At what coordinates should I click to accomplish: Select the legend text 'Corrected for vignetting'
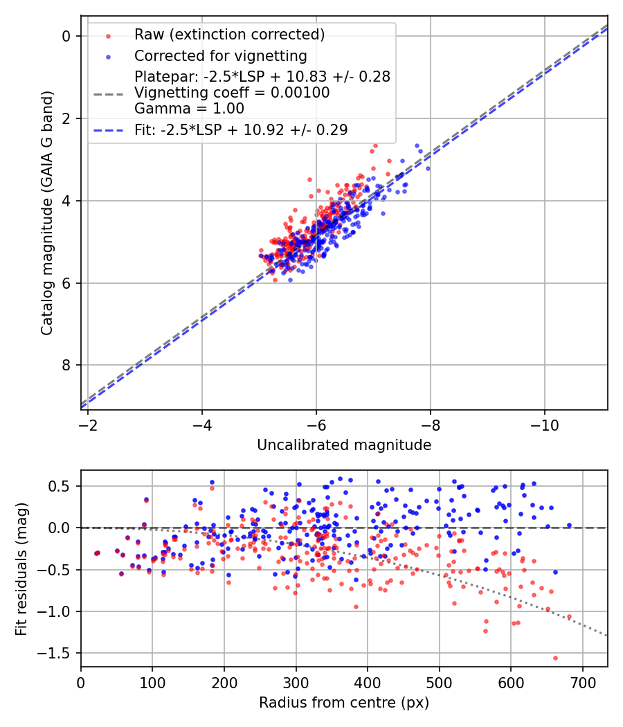point(221,55)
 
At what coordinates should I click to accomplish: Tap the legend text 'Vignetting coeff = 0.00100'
point(232,92)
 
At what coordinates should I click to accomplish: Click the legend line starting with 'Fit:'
point(241,129)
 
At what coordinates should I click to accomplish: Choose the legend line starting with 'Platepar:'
point(262,76)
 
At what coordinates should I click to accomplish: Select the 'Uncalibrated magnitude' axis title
point(344,445)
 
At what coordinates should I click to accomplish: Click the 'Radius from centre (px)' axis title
point(344,703)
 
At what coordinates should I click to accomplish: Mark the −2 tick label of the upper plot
point(88,424)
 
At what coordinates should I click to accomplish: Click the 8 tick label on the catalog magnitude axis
point(66,365)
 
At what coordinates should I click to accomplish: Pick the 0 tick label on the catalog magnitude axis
point(66,36)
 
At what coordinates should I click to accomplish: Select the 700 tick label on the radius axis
point(582,682)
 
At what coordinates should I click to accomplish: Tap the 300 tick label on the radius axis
point(296,682)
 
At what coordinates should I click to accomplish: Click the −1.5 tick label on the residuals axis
point(59,653)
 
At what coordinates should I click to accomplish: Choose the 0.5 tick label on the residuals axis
point(63,486)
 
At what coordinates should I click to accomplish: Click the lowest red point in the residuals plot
point(555,658)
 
